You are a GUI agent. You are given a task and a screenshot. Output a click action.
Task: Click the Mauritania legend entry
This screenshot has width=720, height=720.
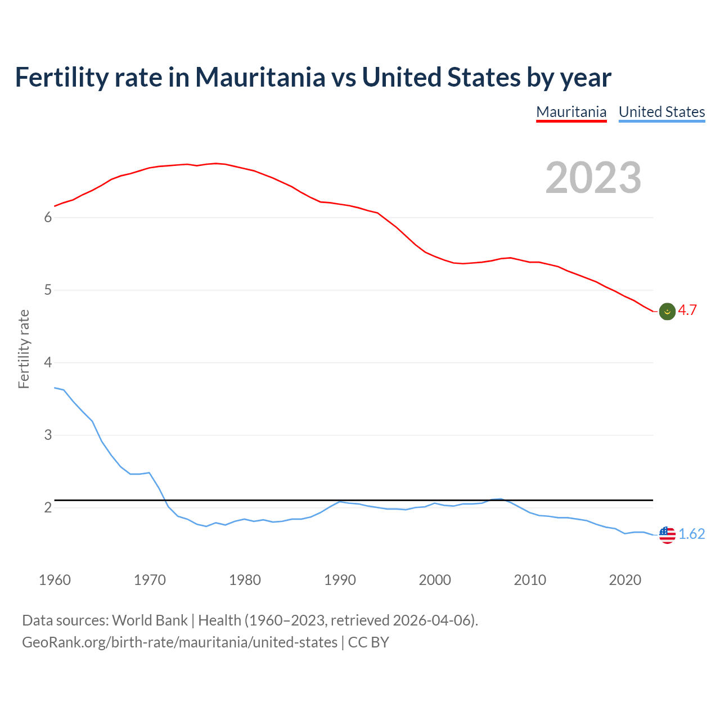(571, 112)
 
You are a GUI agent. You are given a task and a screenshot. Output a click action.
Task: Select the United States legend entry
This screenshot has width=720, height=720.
(661, 112)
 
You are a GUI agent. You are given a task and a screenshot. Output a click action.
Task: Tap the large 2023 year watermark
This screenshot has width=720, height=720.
(593, 178)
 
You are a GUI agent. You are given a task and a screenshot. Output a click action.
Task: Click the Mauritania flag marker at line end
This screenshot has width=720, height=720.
(667, 311)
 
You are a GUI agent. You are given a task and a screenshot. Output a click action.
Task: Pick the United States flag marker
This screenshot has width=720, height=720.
(667, 534)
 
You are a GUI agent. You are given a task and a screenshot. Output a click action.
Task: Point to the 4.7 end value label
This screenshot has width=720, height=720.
(687, 310)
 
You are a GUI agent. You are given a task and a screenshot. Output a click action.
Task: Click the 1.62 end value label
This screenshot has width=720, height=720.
(692, 534)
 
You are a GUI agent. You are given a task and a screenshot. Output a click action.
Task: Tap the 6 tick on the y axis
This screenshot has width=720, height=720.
(48, 218)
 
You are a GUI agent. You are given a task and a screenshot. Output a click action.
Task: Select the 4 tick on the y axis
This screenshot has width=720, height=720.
(48, 363)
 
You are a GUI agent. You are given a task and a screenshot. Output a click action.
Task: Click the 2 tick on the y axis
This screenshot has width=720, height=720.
(48, 508)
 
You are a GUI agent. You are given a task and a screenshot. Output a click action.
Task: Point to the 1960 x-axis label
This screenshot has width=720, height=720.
(55, 580)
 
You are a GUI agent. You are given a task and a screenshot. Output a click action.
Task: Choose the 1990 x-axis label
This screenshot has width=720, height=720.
(340, 580)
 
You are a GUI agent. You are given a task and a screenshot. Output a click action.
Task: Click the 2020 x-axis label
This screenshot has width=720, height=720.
(625, 580)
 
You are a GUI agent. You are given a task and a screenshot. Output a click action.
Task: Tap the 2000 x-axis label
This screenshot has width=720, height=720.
(435, 580)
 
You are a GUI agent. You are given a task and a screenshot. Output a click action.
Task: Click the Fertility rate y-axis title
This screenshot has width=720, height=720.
(24, 349)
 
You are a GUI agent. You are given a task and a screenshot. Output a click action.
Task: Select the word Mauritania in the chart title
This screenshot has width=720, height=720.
(260, 77)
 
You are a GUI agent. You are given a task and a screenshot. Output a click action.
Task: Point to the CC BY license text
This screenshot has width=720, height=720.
(368, 642)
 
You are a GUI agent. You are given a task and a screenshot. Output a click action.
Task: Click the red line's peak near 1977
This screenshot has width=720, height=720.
(216, 163)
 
